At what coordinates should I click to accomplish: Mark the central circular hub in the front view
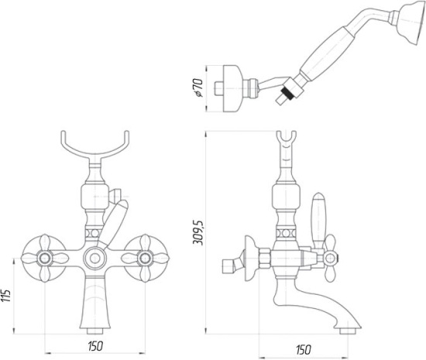[x=93, y=258]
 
